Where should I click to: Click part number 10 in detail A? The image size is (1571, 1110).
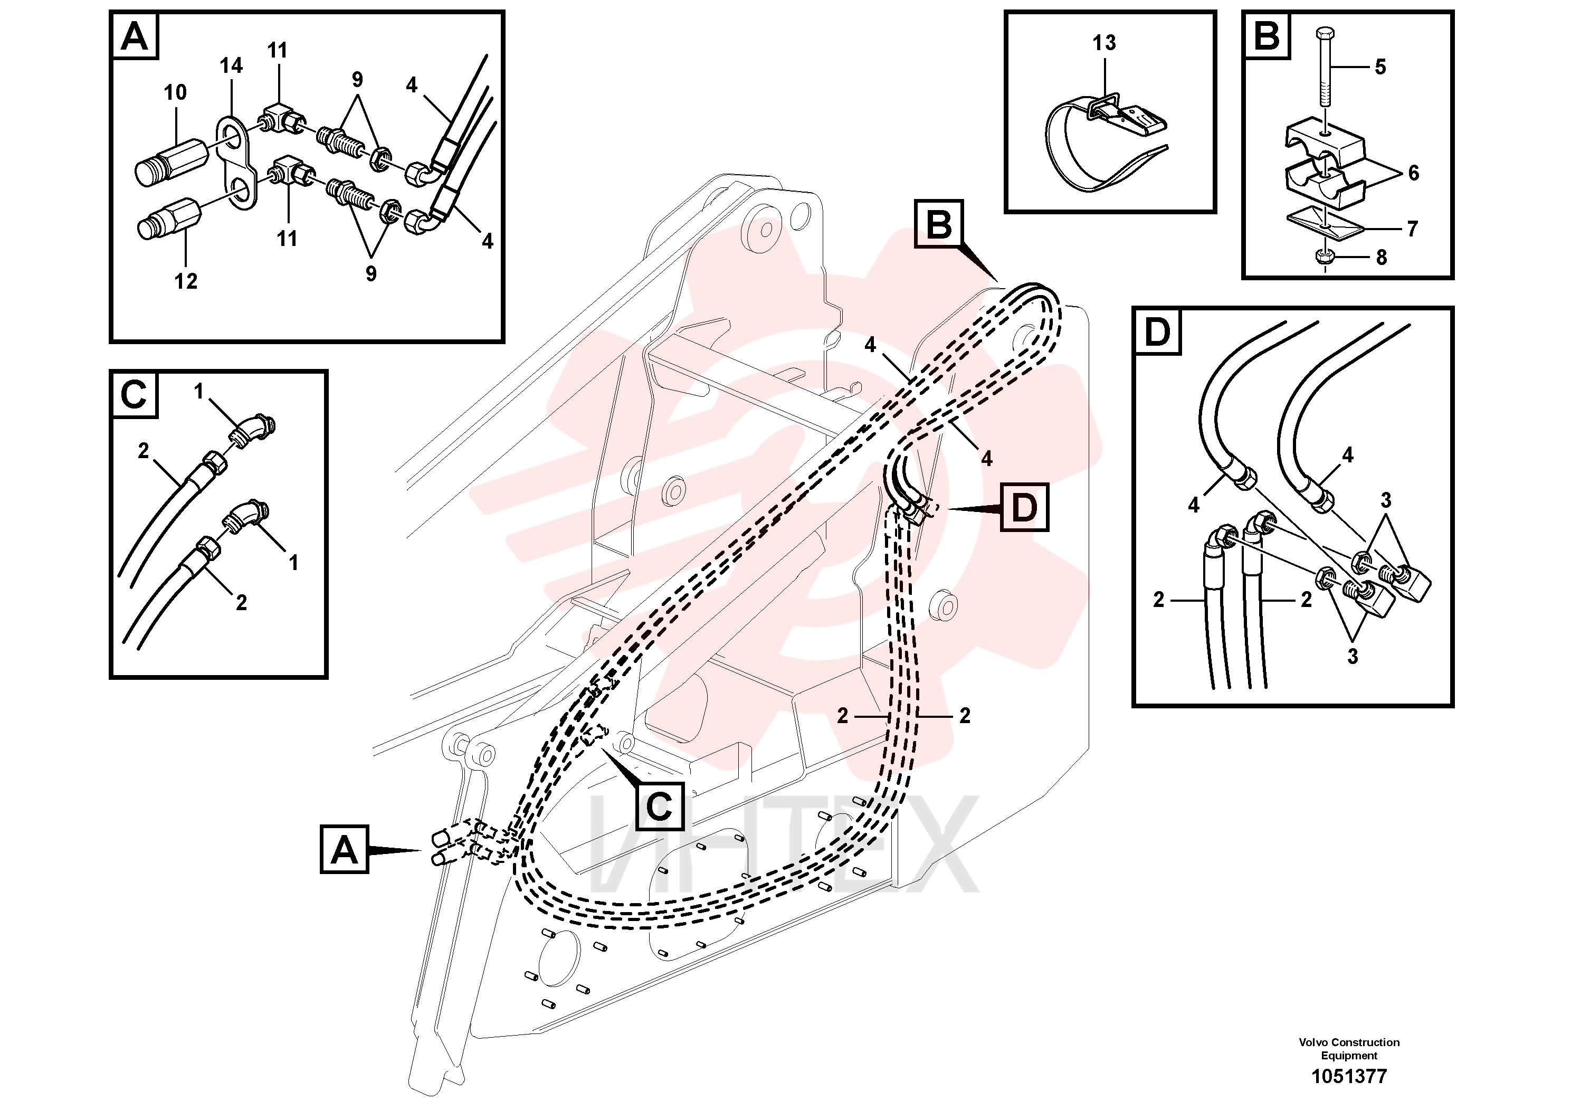pos(175,92)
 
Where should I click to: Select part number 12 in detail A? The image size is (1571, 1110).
pos(185,281)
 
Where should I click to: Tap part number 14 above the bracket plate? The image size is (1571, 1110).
pos(231,65)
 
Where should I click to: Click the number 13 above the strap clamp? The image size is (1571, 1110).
pos(1103,43)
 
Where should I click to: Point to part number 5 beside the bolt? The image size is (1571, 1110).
pos(1380,67)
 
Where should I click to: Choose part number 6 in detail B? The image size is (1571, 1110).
pos(1414,173)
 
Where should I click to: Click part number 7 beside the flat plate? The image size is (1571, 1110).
pos(1412,229)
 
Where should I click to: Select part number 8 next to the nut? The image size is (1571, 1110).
pos(1381,258)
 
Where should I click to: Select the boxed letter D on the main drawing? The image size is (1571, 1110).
pos(1024,508)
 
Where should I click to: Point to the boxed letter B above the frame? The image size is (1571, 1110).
pos(939,224)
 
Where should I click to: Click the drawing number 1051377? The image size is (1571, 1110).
pos(1349,1076)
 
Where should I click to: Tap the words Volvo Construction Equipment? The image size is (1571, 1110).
pos(1349,1048)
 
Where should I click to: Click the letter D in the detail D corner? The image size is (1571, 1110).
pos(1157,333)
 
